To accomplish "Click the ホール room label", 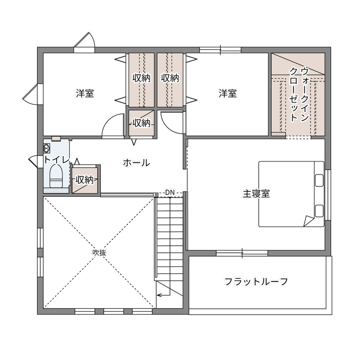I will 136,163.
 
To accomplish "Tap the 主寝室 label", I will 256,194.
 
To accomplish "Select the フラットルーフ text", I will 256,282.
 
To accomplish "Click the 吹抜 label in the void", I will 99,252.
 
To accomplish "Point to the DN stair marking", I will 170,193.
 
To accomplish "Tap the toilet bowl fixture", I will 56,177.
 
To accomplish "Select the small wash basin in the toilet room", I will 47,148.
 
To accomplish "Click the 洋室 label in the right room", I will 228,93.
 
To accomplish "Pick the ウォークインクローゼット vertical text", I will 299,94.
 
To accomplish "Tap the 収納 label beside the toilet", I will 84,180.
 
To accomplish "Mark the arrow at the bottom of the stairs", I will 162,294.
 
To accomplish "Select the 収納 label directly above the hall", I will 141,123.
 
